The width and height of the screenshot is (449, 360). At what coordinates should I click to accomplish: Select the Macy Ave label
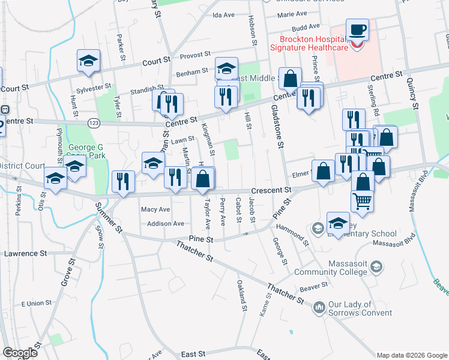click(155, 209)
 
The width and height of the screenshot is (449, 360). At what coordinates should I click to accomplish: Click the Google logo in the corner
click(20, 353)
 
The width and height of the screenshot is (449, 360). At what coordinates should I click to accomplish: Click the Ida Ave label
click(223, 14)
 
